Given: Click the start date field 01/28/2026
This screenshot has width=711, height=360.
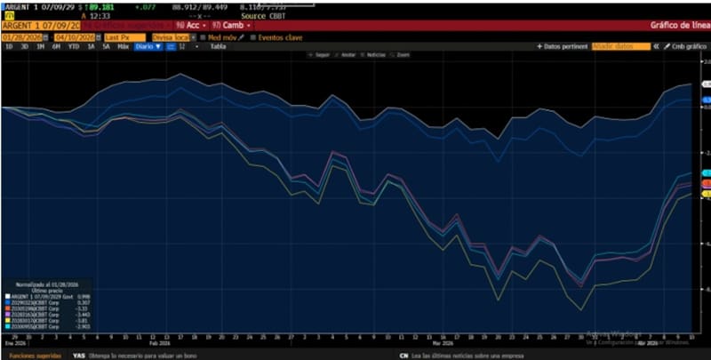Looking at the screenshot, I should [25, 37].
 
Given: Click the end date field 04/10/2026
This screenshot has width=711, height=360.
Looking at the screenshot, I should [76, 37].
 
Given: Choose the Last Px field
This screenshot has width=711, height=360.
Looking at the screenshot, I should [123, 37].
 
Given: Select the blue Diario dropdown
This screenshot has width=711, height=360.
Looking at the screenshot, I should [148, 46].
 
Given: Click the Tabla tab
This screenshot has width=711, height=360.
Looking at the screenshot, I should [218, 46].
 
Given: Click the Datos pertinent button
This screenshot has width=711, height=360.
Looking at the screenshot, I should [564, 46].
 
